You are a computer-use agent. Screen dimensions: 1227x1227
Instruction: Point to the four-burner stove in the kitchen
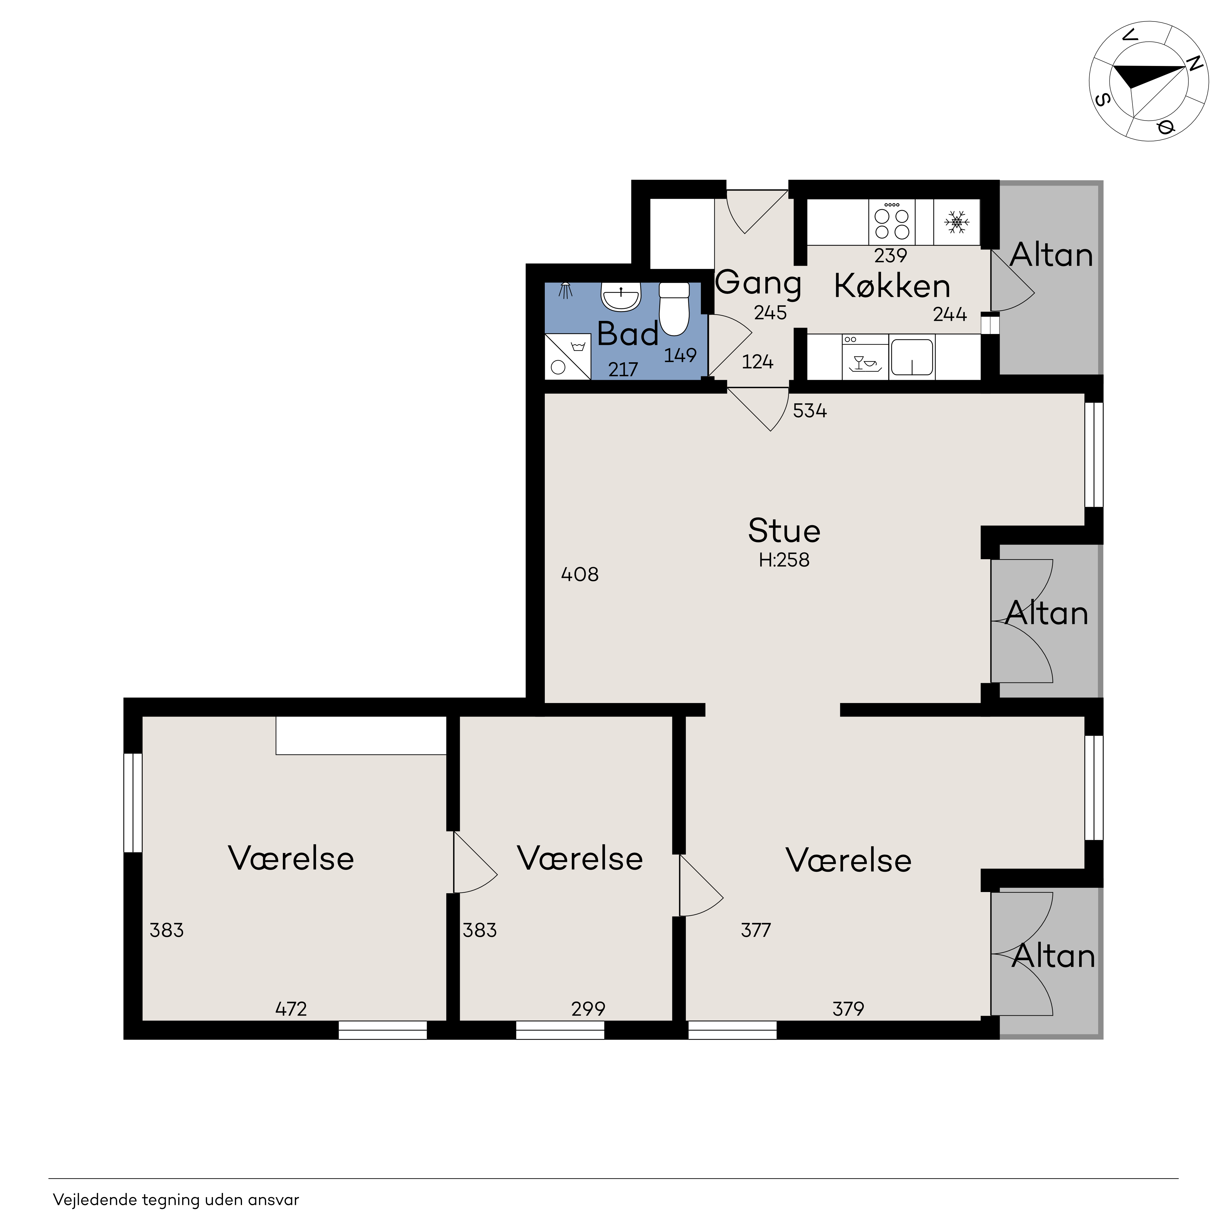(x=892, y=222)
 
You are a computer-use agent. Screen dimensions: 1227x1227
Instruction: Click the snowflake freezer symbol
(x=956, y=222)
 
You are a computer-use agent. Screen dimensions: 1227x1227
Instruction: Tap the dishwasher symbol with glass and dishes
(x=865, y=357)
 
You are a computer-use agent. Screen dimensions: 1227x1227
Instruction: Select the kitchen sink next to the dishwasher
(x=912, y=357)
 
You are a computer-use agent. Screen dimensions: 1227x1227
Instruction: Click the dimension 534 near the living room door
(x=810, y=411)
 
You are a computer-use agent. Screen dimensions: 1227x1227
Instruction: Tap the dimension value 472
(x=291, y=1009)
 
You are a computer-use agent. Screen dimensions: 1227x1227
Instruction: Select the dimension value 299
(x=588, y=1009)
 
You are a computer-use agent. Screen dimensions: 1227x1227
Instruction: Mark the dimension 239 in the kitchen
(x=890, y=256)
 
